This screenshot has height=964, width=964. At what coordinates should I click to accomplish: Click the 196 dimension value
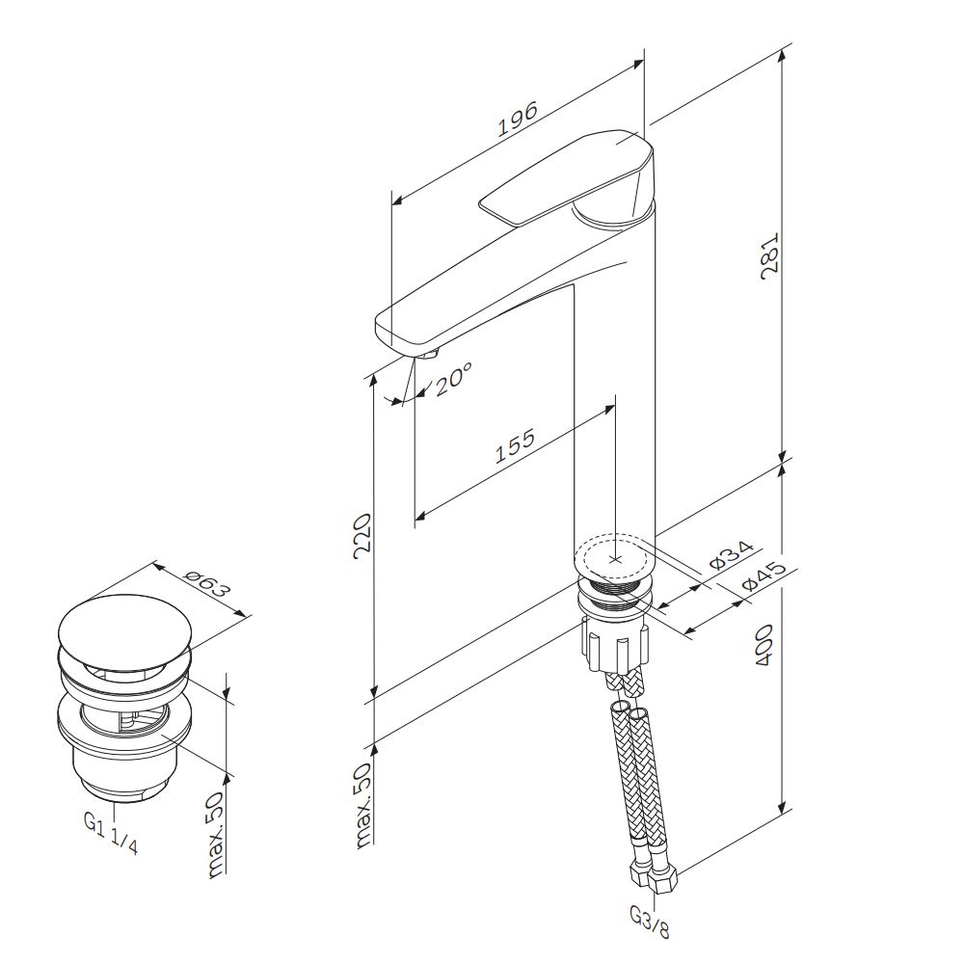517,118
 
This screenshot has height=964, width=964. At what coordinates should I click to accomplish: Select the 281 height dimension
769,255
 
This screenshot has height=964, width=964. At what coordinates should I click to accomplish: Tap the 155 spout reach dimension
515,445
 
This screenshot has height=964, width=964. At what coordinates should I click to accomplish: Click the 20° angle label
452,379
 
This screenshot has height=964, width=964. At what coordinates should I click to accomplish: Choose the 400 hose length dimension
763,645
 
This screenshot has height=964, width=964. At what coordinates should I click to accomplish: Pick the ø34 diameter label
731,556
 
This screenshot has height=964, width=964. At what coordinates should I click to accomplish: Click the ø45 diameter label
763,576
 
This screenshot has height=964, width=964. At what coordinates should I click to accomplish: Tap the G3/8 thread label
651,923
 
